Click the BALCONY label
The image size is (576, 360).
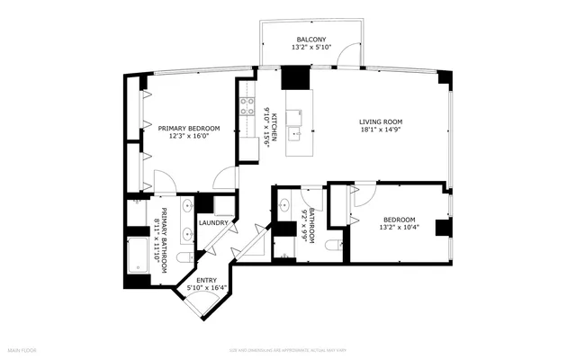coord(310,40)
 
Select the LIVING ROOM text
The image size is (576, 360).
coord(381,121)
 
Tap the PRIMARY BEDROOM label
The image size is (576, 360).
coord(184,129)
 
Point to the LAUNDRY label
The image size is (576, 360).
coord(213,222)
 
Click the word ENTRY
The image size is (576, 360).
coord(206,281)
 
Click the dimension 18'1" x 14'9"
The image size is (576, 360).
coord(381,130)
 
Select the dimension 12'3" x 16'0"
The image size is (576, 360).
coord(184,137)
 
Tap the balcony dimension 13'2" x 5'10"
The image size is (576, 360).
coord(310,49)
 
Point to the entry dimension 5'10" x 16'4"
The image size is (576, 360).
coord(206,289)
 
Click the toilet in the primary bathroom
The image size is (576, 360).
coord(184,259)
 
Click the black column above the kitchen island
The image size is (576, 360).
coord(294,78)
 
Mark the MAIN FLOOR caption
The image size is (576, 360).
coord(24,348)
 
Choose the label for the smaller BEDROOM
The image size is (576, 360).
coord(400,220)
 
